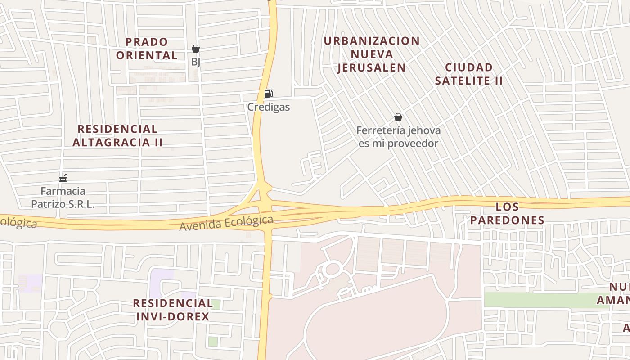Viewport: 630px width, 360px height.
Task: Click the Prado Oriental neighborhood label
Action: point(147,49)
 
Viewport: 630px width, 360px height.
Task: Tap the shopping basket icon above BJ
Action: point(196,49)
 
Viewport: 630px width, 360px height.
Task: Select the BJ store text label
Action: point(196,62)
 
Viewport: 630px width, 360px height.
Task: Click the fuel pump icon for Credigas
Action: point(268,94)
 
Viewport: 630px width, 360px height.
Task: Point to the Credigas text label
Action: point(269,107)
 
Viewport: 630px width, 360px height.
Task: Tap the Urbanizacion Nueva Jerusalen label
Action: point(372,54)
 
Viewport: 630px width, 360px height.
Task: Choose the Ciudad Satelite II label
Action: point(469,74)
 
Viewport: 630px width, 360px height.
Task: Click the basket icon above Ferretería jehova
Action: point(398,117)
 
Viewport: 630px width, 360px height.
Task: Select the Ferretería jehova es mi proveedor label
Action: point(398,137)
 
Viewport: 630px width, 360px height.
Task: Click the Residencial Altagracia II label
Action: point(117,135)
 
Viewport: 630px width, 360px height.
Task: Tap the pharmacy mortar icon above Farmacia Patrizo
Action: point(63,178)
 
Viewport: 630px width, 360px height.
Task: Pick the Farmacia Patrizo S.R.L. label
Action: point(63,198)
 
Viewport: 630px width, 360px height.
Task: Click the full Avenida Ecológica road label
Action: point(226,223)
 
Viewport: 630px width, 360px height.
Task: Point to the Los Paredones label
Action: point(520,213)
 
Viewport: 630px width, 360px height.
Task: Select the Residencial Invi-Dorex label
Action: point(173,309)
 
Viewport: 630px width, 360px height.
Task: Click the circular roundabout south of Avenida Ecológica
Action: point(332,269)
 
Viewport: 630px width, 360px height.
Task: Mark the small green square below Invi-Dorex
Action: point(213,342)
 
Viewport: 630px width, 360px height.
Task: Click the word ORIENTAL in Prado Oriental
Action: point(147,55)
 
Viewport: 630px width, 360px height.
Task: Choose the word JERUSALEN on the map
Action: point(372,67)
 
